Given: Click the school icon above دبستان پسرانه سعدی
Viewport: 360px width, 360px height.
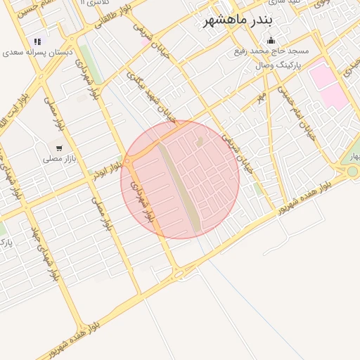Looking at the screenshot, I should [37, 41].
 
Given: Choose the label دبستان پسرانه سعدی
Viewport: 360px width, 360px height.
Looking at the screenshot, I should [34, 53].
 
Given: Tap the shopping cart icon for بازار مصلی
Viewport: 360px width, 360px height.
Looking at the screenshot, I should [59, 148].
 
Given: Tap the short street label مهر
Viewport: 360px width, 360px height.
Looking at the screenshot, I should [261, 93].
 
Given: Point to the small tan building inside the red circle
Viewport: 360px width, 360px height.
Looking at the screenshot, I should [198, 143].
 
